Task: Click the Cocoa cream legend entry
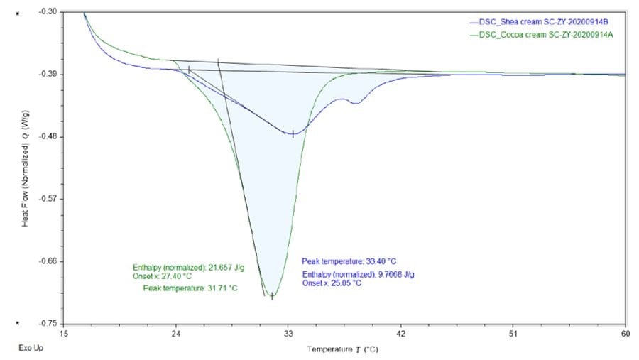[x=546, y=34]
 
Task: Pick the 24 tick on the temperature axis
[x=176, y=333]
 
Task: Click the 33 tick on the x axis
[x=288, y=333]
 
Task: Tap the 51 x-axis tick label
[x=513, y=333]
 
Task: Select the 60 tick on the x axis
[x=625, y=333]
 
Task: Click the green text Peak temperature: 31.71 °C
[x=190, y=288]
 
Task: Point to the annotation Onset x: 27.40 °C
[x=157, y=276]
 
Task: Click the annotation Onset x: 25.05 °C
[x=332, y=283]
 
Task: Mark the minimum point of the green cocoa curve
[x=271, y=296]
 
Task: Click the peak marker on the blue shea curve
[x=293, y=133]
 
